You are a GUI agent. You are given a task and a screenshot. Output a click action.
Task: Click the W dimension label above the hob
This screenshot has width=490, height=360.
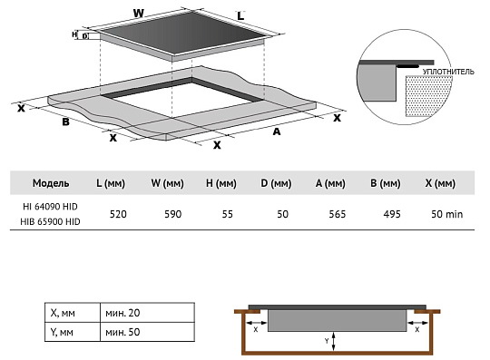(139, 14)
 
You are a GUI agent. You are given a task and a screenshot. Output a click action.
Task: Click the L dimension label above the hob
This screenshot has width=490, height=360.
(240, 16)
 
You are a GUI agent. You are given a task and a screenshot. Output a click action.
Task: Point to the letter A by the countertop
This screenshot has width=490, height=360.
(276, 131)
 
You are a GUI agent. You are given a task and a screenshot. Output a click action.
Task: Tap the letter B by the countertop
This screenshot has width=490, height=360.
(65, 122)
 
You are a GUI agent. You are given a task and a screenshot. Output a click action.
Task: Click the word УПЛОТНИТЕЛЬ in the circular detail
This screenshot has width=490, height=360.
(448, 72)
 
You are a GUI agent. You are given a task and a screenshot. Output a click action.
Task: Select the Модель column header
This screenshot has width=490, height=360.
(51, 183)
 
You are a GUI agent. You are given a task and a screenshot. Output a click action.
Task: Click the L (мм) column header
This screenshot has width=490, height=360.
(111, 183)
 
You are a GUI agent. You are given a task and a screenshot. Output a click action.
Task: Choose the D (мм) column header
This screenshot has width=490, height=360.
(276, 183)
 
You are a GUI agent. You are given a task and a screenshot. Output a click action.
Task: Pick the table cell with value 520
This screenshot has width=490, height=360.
(118, 214)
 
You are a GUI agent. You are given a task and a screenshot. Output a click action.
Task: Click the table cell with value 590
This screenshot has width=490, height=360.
(172, 214)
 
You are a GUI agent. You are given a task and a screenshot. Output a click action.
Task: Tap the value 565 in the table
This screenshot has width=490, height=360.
(338, 214)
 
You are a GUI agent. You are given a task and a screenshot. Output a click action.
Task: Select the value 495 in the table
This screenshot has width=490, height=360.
(392, 214)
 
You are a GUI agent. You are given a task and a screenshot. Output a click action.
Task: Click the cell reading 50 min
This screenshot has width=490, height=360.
(446, 214)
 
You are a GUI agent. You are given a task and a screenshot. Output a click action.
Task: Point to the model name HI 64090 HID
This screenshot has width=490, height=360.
(50, 207)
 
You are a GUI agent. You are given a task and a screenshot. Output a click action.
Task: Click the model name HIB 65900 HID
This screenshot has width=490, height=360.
(50, 221)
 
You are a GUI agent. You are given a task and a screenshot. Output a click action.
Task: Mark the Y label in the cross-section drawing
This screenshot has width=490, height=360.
(327, 341)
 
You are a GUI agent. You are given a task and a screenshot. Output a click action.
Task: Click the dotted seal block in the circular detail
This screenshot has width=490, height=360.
(428, 95)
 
